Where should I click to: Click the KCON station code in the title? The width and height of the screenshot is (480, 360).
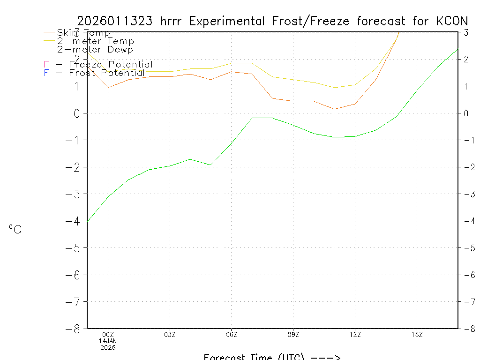(x=451, y=21)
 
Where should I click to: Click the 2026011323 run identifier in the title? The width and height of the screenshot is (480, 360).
(x=115, y=21)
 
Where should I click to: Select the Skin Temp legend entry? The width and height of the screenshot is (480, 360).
(x=83, y=33)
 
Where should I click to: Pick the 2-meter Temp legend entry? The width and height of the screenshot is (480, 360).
(x=95, y=41)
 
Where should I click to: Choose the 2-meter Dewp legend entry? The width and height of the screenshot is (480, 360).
(x=95, y=50)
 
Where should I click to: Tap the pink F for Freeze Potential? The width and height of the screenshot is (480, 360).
(x=46, y=65)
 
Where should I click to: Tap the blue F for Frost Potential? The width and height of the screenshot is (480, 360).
(x=46, y=73)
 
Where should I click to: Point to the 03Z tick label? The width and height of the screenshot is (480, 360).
(x=170, y=334)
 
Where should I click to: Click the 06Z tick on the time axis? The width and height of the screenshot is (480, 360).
(x=232, y=334)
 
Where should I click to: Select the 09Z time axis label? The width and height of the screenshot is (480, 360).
(x=293, y=334)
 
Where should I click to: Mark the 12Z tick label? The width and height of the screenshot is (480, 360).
(x=355, y=334)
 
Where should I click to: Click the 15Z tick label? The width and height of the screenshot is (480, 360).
(x=417, y=334)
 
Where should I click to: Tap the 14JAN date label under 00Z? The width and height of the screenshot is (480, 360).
(x=108, y=341)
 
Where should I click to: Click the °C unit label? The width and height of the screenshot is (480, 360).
(x=15, y=229)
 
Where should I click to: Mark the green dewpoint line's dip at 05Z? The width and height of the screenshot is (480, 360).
(x=210, y=165)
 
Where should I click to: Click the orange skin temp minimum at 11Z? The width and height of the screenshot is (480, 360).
(x=335, y=109)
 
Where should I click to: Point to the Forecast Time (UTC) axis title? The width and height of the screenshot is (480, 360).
(x=272, y=357)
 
